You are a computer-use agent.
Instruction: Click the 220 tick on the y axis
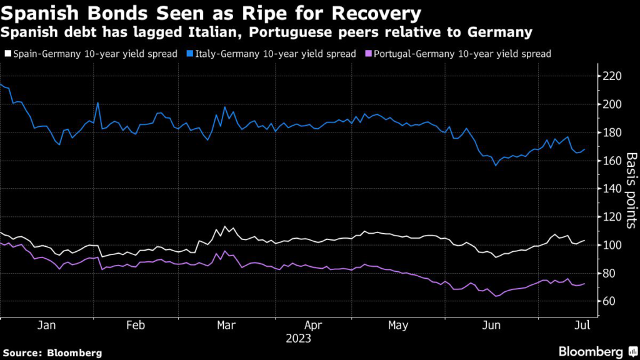pos(612,76)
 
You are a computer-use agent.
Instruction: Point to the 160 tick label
pos(612,161)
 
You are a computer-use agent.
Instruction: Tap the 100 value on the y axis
pos(612,246)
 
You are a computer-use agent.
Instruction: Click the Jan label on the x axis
pos(47,326)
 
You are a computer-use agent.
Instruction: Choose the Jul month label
pos(582,326)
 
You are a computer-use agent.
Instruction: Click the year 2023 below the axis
pos(299,339)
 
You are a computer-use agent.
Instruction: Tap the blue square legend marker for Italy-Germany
pos(188,54)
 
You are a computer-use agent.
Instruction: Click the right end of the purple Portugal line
pos(585,284)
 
